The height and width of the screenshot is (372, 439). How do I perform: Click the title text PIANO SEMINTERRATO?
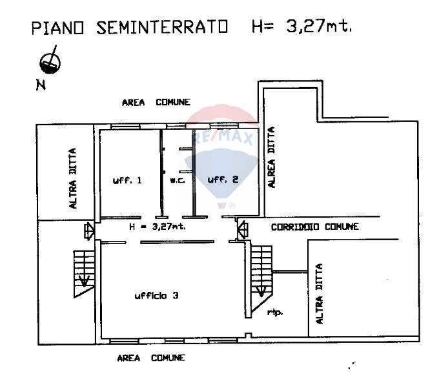pos(130,28)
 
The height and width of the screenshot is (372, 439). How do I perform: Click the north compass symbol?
pos(50,61)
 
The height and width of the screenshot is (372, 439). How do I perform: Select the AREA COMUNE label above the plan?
pos(156,102)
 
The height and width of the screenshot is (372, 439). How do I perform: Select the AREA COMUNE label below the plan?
pos(151,357)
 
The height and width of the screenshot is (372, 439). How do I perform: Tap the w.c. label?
pos(178,181)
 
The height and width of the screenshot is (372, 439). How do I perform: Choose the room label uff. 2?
pos(223,180)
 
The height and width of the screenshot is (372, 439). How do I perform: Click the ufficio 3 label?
pos(156,296)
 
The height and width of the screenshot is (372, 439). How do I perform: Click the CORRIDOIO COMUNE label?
pos(314,227)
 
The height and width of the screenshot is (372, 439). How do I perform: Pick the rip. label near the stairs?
pos(275,313)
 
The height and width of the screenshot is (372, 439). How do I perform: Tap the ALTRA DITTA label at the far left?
pos(72,178)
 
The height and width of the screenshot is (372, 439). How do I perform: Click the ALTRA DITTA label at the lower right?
pos(319,293)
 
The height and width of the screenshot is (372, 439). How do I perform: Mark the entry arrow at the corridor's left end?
pos(89,230)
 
